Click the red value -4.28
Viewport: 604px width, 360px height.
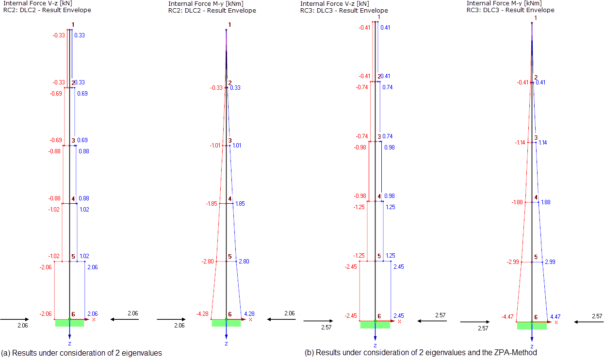[202, 314]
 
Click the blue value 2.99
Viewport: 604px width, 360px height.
[550, 262]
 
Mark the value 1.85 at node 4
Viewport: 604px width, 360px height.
[240, 204]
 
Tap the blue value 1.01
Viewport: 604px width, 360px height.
[236, 146]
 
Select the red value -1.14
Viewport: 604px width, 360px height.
[521, 143]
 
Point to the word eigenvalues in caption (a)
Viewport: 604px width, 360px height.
[145, 353]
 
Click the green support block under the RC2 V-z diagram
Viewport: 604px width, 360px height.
[69, 323]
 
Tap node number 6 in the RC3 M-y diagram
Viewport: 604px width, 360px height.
[536, 317]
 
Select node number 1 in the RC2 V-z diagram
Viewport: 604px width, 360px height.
[73, 25]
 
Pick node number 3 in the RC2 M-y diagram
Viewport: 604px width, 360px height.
[230, 140]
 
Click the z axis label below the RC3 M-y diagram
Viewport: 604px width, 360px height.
[532, 347]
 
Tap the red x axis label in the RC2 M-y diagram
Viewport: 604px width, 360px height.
[250, 319]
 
